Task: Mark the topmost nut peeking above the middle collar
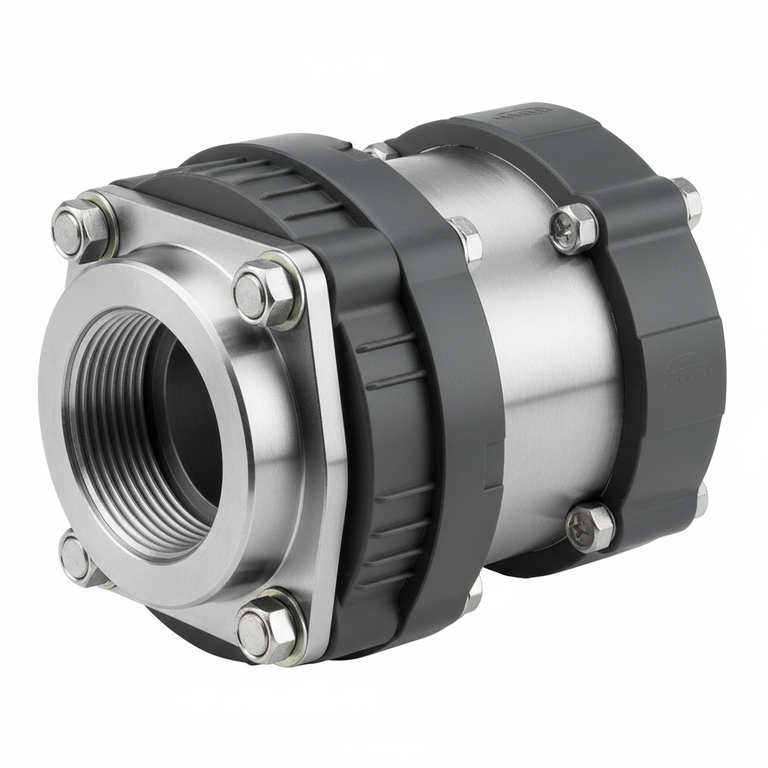click(381, 151)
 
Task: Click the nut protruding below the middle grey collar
click(472, 596)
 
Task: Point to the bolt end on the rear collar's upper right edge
click(686, 199)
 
